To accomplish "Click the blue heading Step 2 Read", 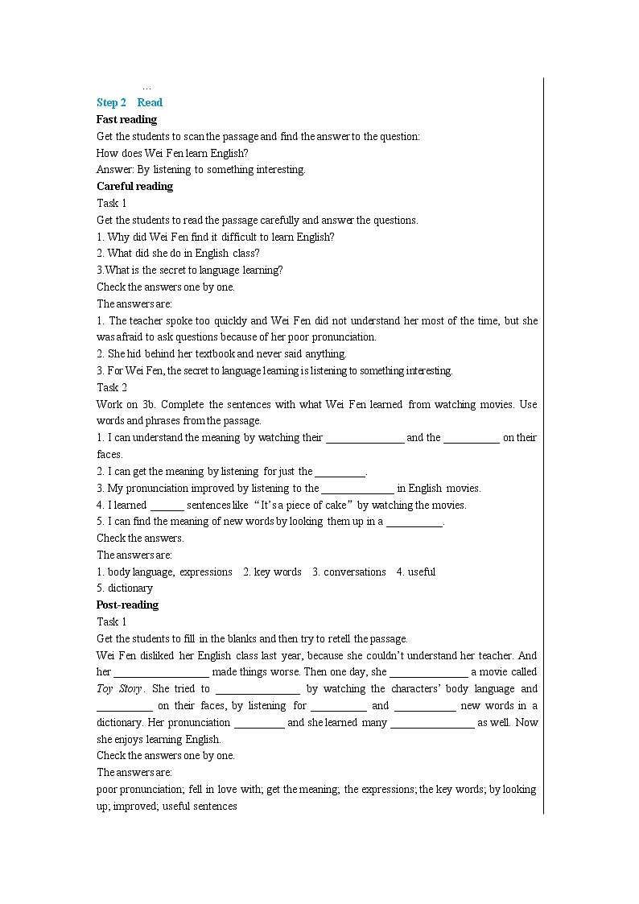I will [x=130, y=102].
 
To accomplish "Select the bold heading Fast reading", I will [x=126, y=119].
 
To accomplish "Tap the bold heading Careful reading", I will [x=134, y=186].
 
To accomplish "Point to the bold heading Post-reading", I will [x=127, y=605].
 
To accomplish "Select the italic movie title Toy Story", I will [x=120, y=689].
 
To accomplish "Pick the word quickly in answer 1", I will [x=221, y=320].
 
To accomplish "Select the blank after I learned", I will [x=167, y=505].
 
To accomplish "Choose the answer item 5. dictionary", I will [x=125, y=588].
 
